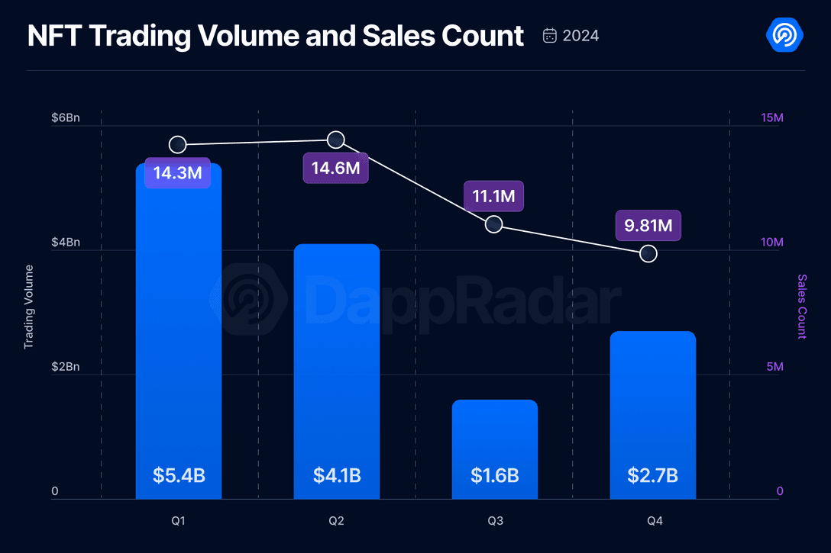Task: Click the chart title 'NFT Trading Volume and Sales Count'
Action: (x=276, y=36)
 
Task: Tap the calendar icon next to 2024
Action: (x=550, y=36)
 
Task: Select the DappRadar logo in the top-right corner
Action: (x=784, y=35)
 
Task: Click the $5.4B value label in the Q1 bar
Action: (x=179, y=475)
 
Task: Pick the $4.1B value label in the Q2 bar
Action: (x=337, y=475)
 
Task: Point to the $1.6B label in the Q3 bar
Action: (x=495, y=475)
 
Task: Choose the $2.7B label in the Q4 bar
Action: (x=653, y=475)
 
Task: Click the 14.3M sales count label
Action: (x=177, y=173)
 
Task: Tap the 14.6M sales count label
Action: (x=335, y=168)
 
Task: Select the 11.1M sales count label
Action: (x=493, y=197)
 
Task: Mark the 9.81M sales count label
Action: (x=648, y=226)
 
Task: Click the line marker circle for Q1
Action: (x=177, y=144)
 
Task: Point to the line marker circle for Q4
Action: (x=648, y=253)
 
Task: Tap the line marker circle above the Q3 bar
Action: (x=493, y=224)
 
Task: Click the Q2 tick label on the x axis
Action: (x=336, y=522)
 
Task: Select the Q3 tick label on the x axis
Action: (x=495, y=522)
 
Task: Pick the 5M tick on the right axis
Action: (x=774, y=367)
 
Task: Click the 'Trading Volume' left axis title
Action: (x=29, y=307)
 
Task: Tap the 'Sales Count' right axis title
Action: (x=801, y=307)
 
